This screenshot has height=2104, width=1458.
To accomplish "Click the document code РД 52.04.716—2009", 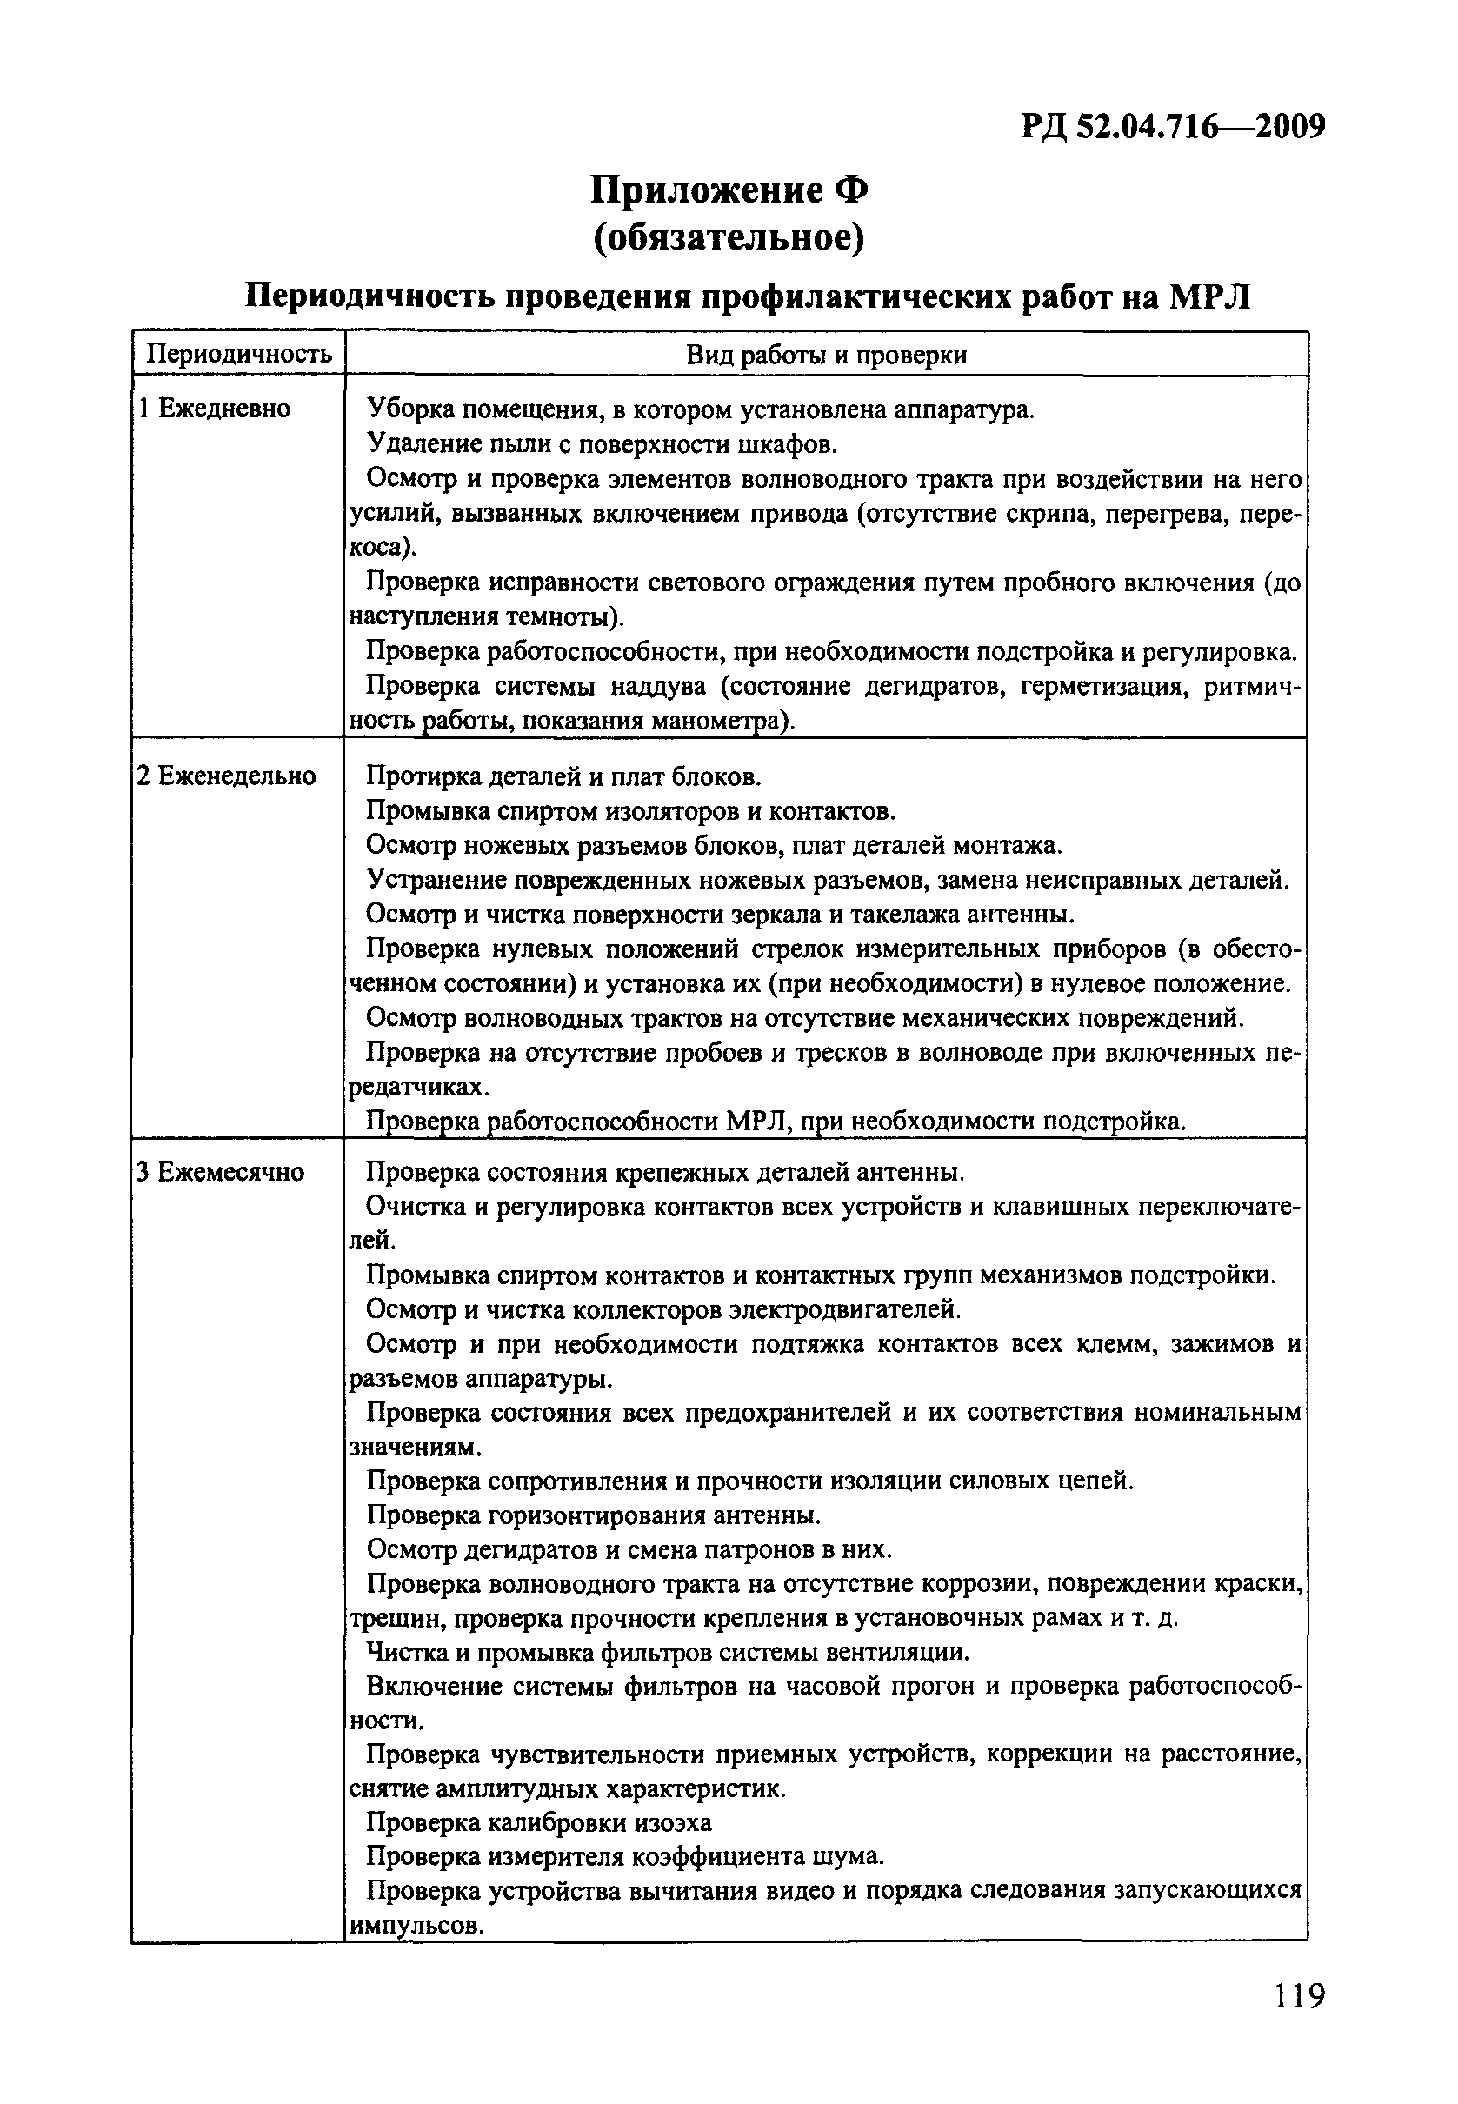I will coord(1173,127).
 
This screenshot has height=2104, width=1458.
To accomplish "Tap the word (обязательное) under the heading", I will coord(728,238).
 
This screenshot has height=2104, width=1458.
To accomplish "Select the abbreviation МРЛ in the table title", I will coord(1209,298).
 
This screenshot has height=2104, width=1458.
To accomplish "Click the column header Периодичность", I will coord(238,356).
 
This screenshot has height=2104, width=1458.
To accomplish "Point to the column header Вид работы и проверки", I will coord(826,356).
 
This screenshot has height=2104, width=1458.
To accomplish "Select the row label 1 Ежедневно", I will coord(215,409).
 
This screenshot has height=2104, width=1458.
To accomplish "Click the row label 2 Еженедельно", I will coord(227,776).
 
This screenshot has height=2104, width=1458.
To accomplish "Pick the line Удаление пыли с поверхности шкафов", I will coord(602,445).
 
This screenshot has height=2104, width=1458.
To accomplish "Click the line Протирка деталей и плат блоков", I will coord(563,777).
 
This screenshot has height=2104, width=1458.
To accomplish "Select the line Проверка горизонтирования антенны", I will coord(594,1515).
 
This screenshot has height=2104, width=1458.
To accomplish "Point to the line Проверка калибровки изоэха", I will coord(539,1822).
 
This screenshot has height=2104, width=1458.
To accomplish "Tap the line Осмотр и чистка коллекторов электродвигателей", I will coord(663,1310).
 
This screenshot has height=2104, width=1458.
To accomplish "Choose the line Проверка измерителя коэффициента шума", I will coord(625,1857).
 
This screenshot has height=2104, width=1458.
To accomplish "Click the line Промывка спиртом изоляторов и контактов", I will coord(630,811).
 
